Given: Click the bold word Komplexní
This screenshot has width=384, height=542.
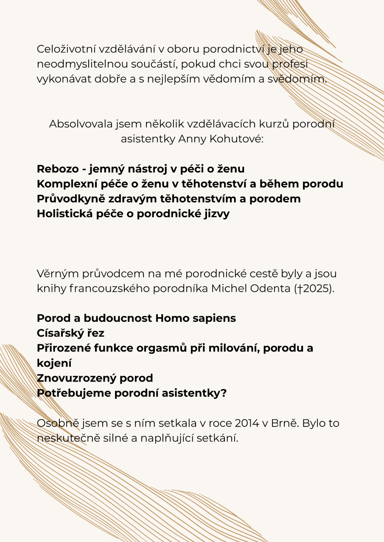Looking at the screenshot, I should pyautogui.click(x=65, y=184).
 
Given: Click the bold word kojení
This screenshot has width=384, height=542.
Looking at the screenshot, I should pyautogui.click(x=54, y=363).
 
